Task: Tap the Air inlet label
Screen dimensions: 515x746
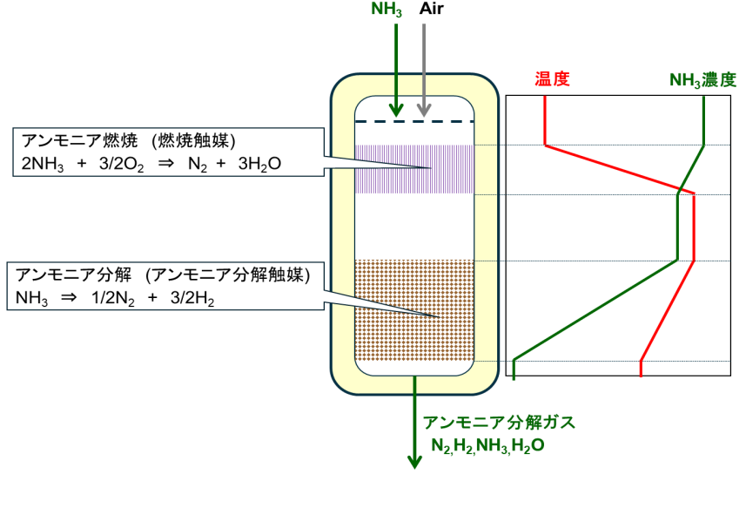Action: (x=433, y=10)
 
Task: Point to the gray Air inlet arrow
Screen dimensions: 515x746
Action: (x=424, y=70)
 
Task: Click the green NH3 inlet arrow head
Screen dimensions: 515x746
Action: (x=396, y=111)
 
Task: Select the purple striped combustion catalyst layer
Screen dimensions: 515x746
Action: (x=415, y=168)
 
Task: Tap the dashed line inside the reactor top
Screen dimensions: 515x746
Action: (x=414, y=121)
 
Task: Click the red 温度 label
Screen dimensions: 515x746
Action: (x=551, y=79)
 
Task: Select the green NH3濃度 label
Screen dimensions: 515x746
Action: (x=702, y=80)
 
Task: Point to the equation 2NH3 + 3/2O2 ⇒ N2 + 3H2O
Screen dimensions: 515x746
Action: (x=147, y=164)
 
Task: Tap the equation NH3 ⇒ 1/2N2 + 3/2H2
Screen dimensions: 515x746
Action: (x=114, y=297)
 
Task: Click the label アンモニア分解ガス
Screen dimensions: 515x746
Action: (x=499, y=424)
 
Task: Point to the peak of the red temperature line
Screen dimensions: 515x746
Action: (x=694, y=193)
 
